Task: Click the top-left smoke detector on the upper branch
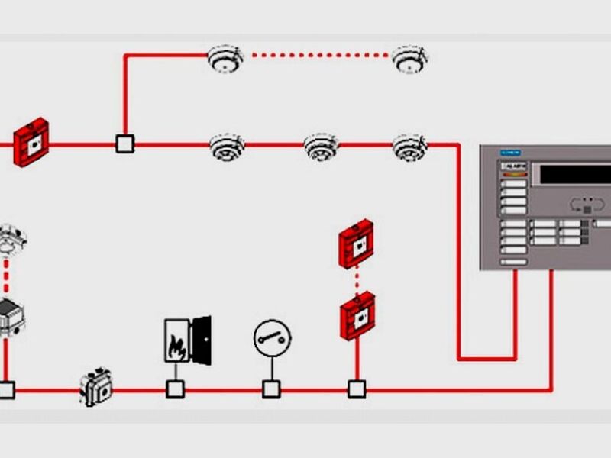tap(225, 58)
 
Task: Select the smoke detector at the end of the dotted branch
tap(410, 58)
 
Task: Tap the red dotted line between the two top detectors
tap(317, 54)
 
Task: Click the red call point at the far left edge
tap(31, 141)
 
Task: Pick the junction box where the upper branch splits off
tap(124, 143)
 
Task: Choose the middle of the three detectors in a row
tap(321, 147)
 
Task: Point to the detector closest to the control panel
tap(410, 147)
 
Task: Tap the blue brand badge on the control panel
tap(509, 153)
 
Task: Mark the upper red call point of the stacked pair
tap(357, 243)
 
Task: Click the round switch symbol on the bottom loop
tap(272, 337)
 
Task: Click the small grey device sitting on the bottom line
tap(96, 387)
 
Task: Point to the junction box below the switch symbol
tap(271, 389)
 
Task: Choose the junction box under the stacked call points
tap(357, 389)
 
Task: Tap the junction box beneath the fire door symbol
tap(176, 389)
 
